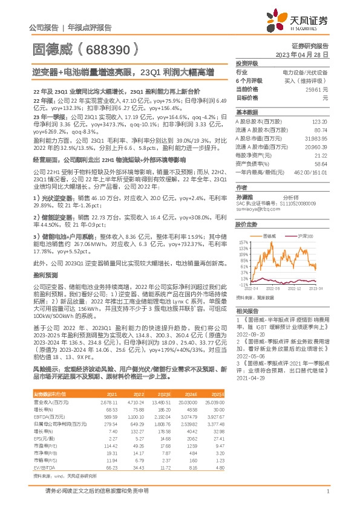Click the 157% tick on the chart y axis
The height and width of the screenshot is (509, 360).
click(244, 241)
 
